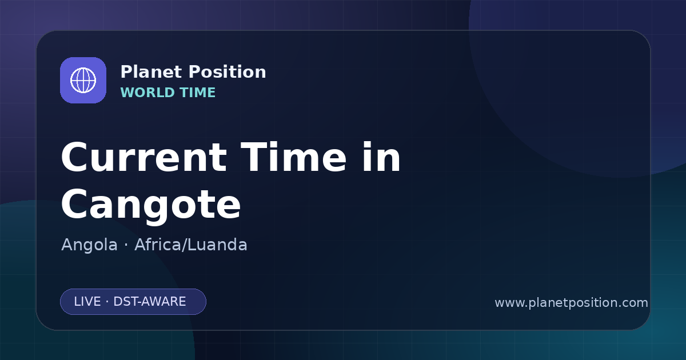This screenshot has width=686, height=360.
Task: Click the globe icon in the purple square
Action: (83, 80)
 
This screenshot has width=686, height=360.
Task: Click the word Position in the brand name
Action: (228, 72)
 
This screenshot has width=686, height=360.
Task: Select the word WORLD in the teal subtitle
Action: (147, 93)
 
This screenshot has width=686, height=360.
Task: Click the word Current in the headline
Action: (144, 157)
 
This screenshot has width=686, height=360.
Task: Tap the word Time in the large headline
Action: (294, 157)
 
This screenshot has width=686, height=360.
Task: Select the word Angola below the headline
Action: (89, 245)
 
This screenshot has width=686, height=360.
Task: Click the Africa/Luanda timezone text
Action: (190, 245)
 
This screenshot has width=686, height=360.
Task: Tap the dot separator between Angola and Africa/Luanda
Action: (126, 245)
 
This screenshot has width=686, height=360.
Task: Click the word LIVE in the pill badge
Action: (87, 302)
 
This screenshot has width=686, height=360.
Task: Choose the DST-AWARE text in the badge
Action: (149, 302)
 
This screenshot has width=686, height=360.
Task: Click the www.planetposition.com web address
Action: (571, 303)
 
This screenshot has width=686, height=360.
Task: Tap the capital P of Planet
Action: (126, 72)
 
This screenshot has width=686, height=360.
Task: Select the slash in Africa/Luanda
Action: (184, 245)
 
